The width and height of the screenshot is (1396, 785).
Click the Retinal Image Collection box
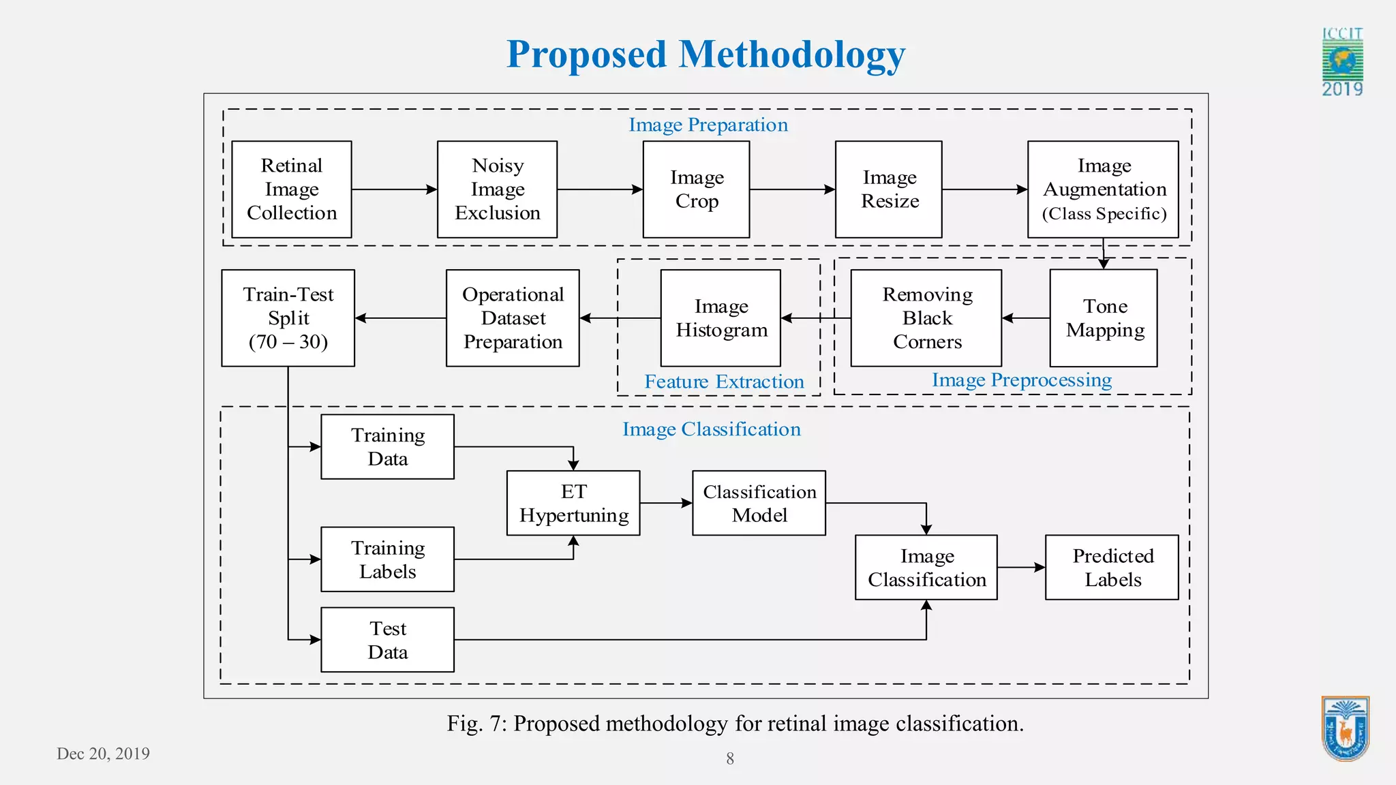click(292, 189)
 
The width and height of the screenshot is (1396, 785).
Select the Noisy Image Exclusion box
click(497, 189)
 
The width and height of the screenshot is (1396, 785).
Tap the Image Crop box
click(696, 189)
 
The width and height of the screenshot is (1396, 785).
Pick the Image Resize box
click(888, 189)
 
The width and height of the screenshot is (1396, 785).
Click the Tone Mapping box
click(1104, 318)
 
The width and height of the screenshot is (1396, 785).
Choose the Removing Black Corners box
click(926, 318)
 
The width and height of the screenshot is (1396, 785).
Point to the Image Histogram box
click(720, 318)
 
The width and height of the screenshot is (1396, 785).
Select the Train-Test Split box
click(288, 318)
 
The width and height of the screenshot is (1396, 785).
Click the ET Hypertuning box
click(573, 503)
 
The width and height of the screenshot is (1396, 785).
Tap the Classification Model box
click(759, 503)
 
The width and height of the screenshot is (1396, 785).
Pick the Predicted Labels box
click(1112, 567)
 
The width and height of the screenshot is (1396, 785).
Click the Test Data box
click(387, 640)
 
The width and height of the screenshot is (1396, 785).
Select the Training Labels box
click(387, 559)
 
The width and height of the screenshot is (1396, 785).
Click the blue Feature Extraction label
click(724, 382)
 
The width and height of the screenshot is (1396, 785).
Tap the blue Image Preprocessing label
click(1021, 380)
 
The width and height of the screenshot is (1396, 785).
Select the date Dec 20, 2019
click(103, 754)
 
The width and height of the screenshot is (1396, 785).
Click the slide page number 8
click(730, 758)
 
